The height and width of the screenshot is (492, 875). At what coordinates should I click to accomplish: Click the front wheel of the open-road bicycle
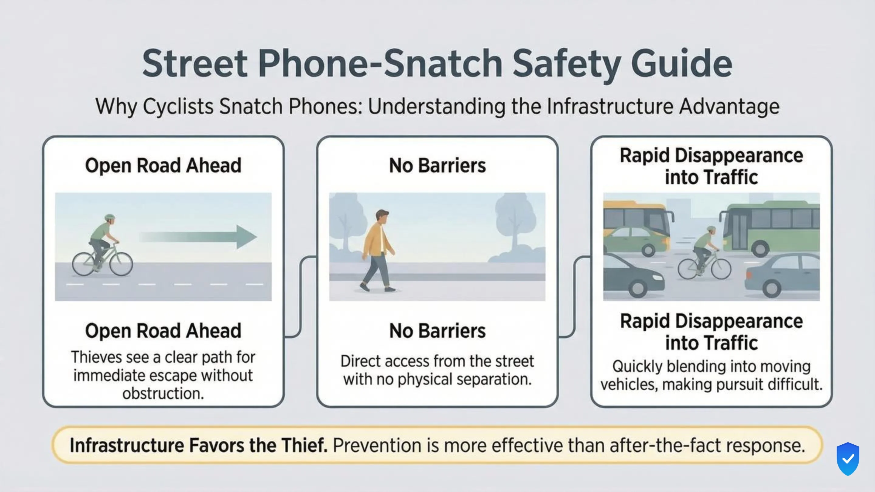[x=121, y=264]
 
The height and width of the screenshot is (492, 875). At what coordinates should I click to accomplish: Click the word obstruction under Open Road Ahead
[x=163, y=394]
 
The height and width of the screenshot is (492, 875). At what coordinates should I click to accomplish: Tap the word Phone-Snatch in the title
[x=380, y=64]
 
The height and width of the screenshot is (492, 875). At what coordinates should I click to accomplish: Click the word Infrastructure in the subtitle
[x=610, y=107]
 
